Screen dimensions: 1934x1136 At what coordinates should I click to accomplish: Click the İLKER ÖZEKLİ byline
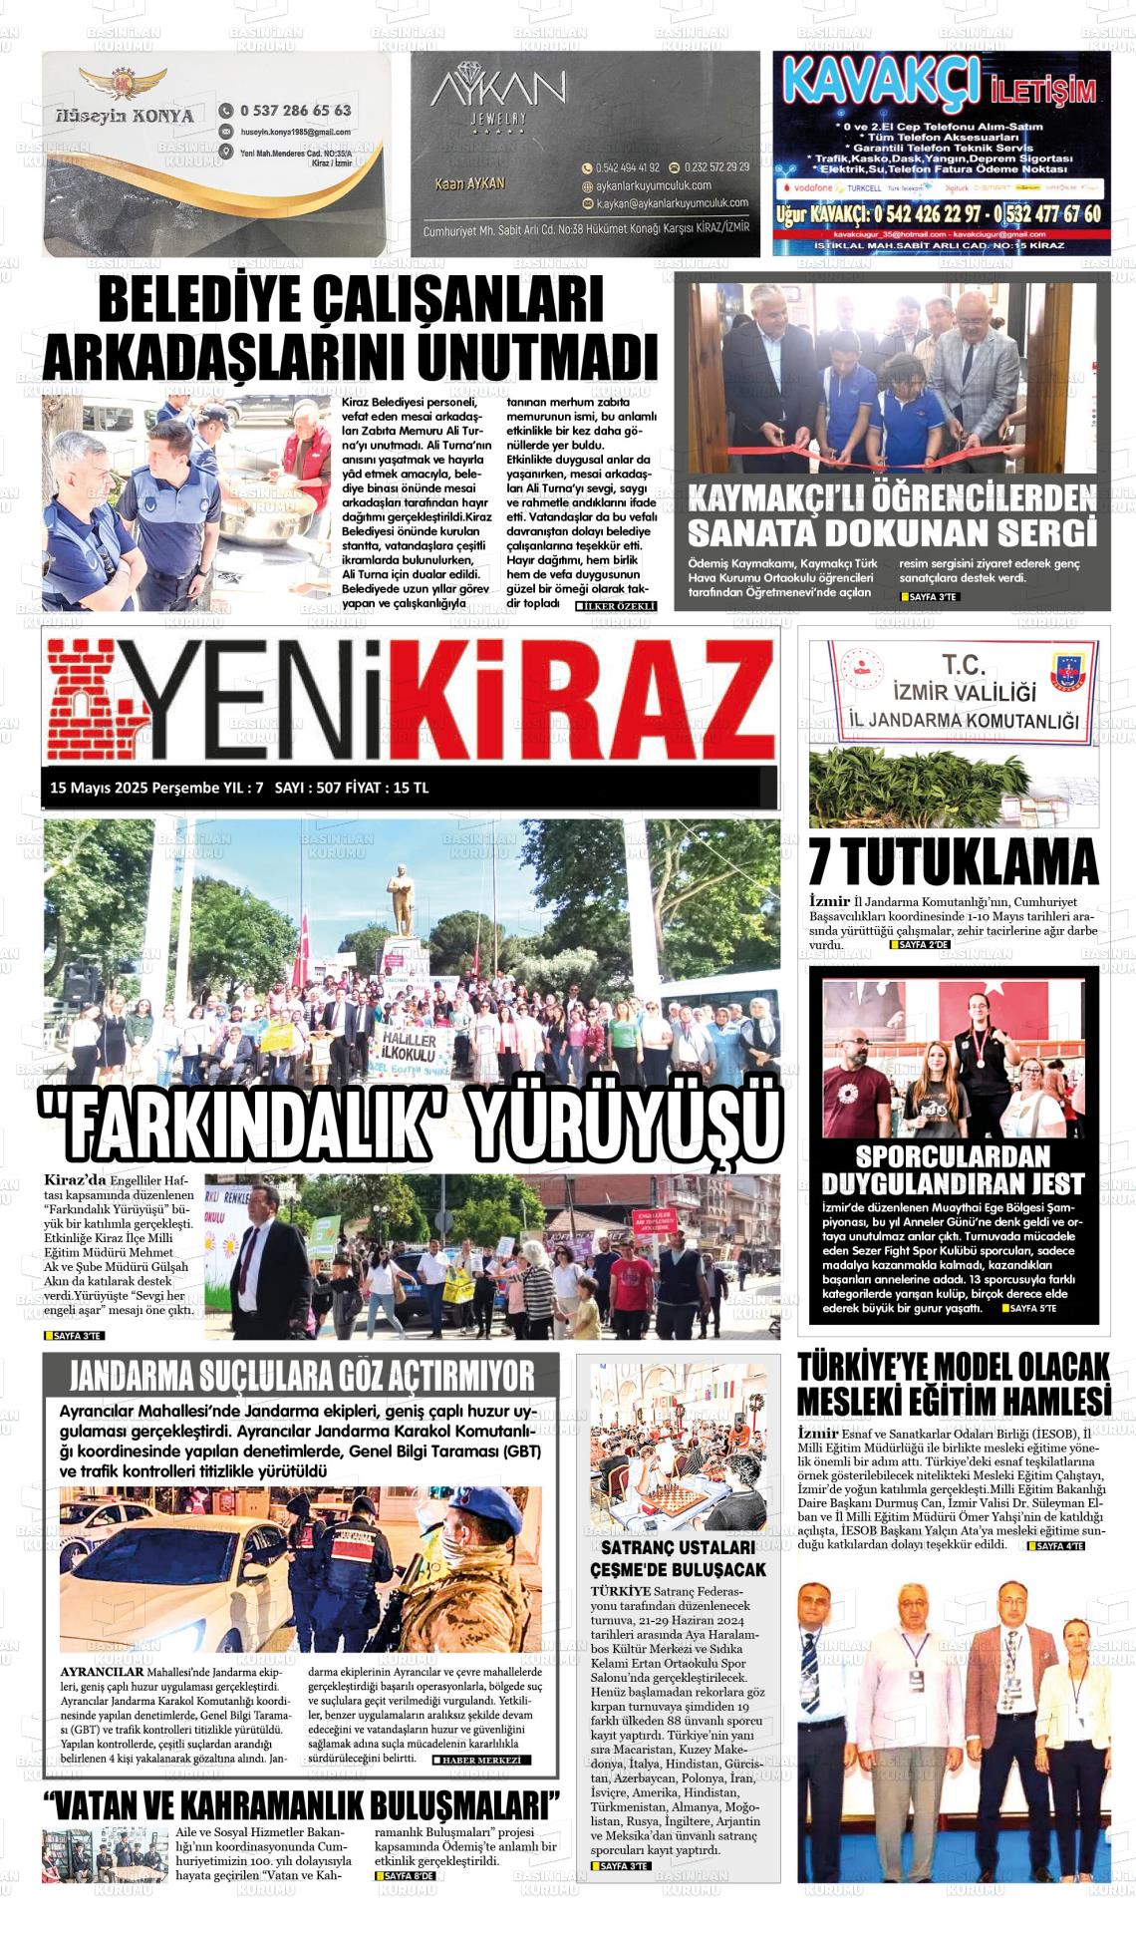(616, 605)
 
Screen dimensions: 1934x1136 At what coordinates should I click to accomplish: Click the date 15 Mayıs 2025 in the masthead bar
(99, 788)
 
